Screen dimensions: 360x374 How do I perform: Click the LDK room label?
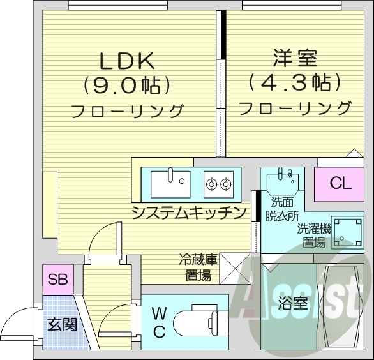(126, 62)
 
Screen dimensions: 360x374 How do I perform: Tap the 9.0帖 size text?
(126, 85)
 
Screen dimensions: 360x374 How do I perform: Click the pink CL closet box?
(340, 184)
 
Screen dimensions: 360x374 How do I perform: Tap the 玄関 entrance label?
(62, 324)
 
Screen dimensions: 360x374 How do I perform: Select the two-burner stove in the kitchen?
(218, 185)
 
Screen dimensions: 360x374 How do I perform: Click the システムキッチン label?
(188, 213)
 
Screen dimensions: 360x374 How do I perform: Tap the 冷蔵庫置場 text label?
(197, 268)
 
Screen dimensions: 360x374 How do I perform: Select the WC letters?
(159, 322)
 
